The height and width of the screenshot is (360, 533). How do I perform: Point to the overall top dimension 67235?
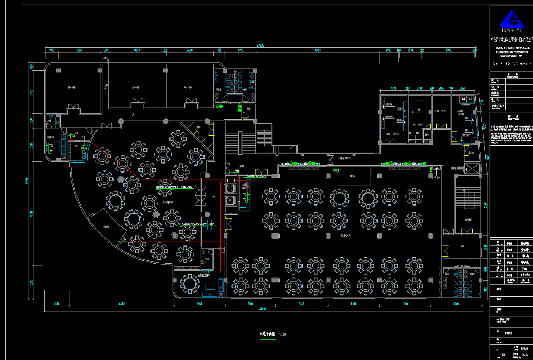260,45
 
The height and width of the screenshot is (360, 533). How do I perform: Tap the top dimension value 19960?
317,50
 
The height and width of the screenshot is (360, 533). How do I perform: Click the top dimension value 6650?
79,50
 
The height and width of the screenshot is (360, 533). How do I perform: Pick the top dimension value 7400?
190,50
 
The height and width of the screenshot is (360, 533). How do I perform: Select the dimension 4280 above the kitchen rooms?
393,88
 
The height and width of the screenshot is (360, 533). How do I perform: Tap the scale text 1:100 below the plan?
282,334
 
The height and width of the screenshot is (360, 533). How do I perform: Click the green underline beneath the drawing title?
268,339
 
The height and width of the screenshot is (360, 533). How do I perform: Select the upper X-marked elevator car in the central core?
230,188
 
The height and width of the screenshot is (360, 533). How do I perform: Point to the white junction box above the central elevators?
230,180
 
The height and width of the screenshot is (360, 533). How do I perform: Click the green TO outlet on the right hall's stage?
336,172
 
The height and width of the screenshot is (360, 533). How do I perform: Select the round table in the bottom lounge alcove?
190,284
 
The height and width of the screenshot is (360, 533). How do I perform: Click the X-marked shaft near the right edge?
471,168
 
